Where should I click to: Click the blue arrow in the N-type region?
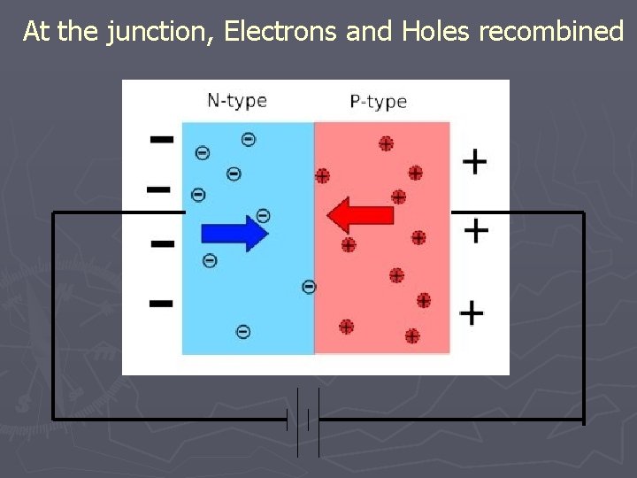pos(234,233)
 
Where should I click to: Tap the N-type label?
pos(236,100)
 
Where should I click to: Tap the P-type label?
pos(378,101)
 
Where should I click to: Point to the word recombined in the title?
pos(551,33)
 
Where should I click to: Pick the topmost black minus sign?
pos(161,139)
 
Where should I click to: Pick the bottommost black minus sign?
pos(160,303)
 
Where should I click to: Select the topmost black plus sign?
pos(475,161)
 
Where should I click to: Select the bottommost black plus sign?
pos(472,312)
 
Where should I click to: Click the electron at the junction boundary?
pos(309,286)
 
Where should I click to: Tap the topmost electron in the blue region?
pos(249,139)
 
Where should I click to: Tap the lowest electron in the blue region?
pos(243,331)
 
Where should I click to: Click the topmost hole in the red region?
pos(386,143)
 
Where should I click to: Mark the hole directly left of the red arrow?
pos(323,175)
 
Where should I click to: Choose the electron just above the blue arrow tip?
pos(263,214)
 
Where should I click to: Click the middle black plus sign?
pos(476,231)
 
